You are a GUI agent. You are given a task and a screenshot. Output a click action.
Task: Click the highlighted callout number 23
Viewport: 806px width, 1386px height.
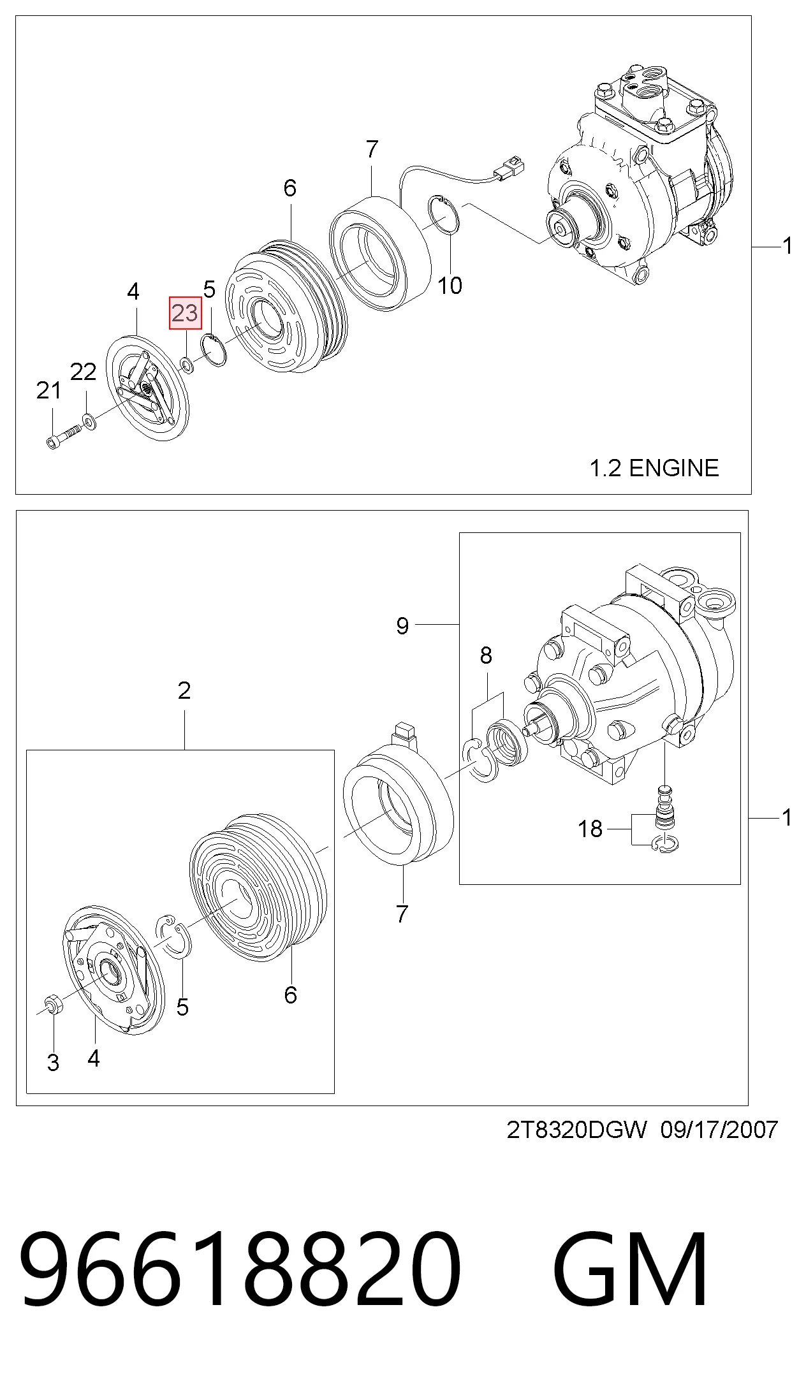(x=185, y=313)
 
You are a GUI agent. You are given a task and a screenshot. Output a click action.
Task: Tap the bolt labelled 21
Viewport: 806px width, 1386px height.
(x=64, y=437)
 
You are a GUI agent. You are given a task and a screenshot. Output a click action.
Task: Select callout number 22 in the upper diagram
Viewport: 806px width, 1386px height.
(x=83, y=372)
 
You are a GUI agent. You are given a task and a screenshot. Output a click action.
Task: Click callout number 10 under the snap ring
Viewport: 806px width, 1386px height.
(x=450, y=286)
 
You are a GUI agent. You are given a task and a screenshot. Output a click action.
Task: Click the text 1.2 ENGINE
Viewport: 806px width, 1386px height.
(x=654, y=468)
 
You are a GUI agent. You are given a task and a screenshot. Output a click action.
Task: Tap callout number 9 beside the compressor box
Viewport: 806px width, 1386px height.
(x=402, y=625)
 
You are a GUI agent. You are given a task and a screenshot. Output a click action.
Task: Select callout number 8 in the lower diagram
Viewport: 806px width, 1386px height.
(x=486, y=655)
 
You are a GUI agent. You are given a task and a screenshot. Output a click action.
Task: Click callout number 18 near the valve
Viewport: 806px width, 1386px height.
(x=590, y=829)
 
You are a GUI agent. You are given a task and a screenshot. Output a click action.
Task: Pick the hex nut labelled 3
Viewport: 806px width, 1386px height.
(x=53, y=1005)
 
